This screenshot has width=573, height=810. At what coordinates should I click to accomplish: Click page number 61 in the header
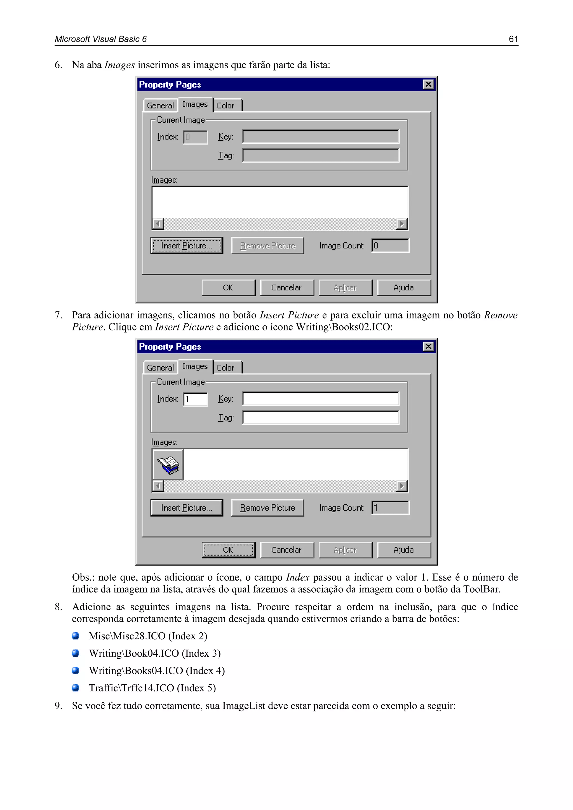tap(513, 39)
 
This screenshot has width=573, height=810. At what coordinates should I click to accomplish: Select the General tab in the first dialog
tap(160, 105)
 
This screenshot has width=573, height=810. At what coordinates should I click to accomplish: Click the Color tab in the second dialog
tap(225, 368)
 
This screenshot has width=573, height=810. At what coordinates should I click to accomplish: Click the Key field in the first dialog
tap(320, 137)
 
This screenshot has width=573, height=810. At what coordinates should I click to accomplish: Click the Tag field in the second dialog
tap(320, 418)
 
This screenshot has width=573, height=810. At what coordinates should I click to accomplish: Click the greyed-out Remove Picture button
tap(267, 246)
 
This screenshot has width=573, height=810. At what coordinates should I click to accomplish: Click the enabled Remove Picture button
tap(267, 508)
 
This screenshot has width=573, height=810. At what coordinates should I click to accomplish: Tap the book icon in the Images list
tap(168, 465)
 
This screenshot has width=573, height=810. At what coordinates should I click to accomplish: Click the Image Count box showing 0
tap(390, 246)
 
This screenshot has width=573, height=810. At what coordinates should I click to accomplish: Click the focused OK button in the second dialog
tap(228, 550)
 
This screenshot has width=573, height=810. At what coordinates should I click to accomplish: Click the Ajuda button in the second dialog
tap(404, 550)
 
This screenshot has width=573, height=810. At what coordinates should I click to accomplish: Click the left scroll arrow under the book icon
tap(158, 486)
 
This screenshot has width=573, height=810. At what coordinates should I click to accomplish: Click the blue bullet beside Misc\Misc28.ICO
tap(76, 636)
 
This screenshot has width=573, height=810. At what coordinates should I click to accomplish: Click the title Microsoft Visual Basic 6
tap(100, 39)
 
